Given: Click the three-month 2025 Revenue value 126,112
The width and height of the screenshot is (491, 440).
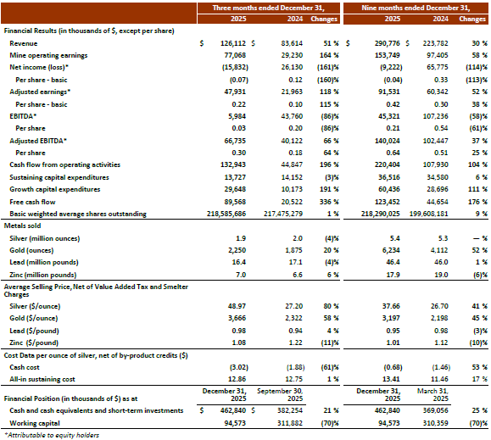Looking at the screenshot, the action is point(233,43).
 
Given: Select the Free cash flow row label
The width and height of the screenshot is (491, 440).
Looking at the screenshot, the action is point(32,202).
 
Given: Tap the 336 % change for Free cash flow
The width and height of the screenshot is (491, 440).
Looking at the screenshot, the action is point(329,202).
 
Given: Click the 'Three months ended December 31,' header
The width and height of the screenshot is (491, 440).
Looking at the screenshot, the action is point(268,8).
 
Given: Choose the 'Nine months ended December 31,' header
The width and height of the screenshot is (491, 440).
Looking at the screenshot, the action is point(416,8).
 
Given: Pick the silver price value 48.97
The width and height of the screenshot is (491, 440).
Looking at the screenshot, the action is point(237,306).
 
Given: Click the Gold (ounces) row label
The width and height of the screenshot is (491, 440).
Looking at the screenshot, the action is point(31,250).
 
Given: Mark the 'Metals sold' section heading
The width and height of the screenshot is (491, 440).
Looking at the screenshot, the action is point(22,226).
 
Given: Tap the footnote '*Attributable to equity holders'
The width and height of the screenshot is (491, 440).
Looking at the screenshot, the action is point(52,435).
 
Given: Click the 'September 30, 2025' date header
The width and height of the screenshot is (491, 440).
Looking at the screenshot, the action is point(280,394).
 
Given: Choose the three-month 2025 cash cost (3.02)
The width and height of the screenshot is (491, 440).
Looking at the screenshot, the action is point(239,367).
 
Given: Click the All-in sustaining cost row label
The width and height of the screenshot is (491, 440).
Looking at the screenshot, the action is point(42,379).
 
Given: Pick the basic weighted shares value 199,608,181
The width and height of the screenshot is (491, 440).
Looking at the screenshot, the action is point(429,214).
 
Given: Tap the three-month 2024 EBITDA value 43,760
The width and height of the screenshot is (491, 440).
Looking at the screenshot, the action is point(292,116).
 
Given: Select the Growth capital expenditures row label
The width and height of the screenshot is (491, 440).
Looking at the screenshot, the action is point(55,189).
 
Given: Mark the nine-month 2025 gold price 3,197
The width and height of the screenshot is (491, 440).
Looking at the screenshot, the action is point(391,318).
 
